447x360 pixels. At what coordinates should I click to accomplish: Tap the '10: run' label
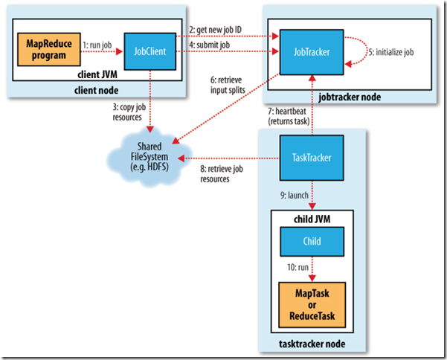[x=290, y=266]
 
